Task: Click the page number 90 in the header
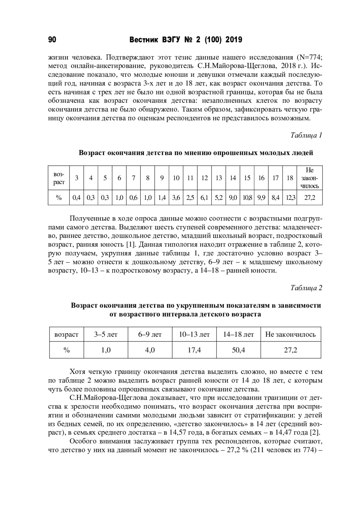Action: click(x=52, y=40)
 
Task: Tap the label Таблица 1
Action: click(x=306, y=135)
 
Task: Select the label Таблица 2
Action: click(x=306, y=288)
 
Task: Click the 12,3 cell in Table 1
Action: click(x=289, y=198)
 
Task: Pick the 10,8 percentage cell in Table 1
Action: click(x=247, y=198)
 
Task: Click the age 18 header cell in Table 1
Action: click(x=289, y=178)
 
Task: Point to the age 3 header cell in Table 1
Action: click(x=76, y=178)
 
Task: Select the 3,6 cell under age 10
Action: click(x=176, y=198)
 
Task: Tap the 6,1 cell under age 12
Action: click(x=204, y=198)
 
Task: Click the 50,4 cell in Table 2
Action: click(x=238, y=350)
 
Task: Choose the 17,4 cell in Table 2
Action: click(x=194, y=350)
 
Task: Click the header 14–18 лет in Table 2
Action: click(x=238, y=334)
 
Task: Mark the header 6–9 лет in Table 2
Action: click(x=150, y=334)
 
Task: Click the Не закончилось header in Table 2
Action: click(x=290, y=334)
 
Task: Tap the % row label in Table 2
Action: click(x=66, y=350)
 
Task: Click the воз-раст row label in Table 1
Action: click(x=59, y=178)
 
